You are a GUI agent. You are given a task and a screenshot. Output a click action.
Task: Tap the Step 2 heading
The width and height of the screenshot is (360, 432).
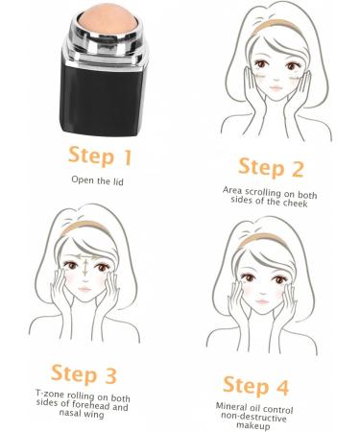270,169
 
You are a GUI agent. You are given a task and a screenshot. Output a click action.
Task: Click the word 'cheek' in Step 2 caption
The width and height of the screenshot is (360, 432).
291,202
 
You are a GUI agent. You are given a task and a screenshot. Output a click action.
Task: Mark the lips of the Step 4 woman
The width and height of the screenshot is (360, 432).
268,322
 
